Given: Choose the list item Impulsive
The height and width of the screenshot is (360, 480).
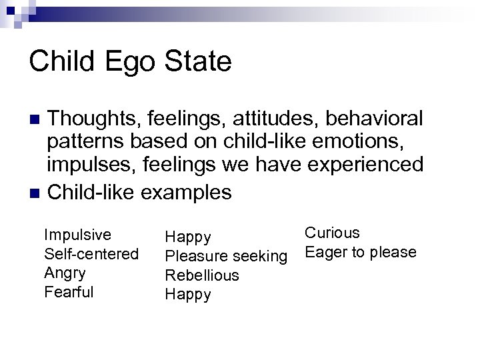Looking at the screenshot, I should point(77,235).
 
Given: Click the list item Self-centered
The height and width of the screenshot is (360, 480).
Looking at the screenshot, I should point(91,254).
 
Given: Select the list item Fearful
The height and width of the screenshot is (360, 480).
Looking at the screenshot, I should point(68,292).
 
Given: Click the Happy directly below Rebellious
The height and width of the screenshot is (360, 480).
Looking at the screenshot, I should point(188,295).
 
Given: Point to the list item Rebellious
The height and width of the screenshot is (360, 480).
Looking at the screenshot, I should point(201,275).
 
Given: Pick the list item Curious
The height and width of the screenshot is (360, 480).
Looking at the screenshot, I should point(331,233).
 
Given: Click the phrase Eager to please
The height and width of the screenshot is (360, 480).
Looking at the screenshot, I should point(360,253).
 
